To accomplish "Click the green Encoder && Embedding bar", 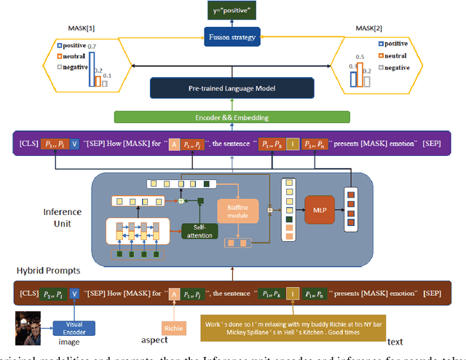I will tap(232, 117).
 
